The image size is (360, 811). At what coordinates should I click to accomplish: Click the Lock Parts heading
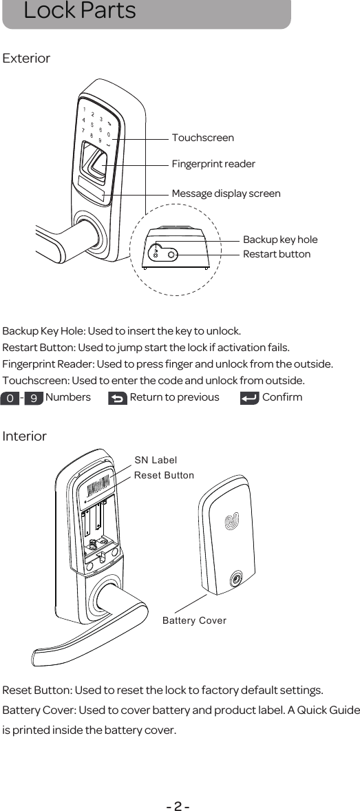coord(79,12)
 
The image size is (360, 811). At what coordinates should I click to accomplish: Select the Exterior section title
coord(27,59)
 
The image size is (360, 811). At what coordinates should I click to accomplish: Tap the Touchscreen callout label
coord(202,138)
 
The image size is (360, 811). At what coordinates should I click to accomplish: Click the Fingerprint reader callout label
coord(213,164)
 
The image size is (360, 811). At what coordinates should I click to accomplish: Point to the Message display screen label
coord(226,193)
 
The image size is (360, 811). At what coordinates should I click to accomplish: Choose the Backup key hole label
coord(280,240)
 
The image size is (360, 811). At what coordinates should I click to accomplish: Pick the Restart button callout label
coord(276,254)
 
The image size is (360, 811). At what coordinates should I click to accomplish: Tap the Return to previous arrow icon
coord(118,398)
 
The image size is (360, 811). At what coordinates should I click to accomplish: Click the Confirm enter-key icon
coord(249,398)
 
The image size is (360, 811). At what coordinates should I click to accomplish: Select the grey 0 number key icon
coord(10,398)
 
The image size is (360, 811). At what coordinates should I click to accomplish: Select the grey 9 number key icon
coord(34,398)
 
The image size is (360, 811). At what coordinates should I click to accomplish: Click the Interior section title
coord(25,436)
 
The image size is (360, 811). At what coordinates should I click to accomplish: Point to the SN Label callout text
coord(155,460)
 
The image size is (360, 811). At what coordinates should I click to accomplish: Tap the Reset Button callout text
coord(164,476)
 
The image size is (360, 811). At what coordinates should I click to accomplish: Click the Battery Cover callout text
coord(194,620)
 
